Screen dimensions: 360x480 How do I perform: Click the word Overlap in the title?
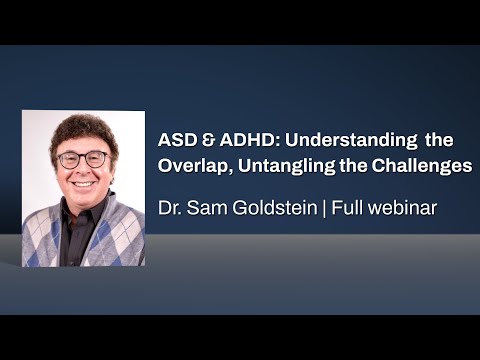190,167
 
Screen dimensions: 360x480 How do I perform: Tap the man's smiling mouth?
83,185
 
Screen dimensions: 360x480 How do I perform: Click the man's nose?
83,171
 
